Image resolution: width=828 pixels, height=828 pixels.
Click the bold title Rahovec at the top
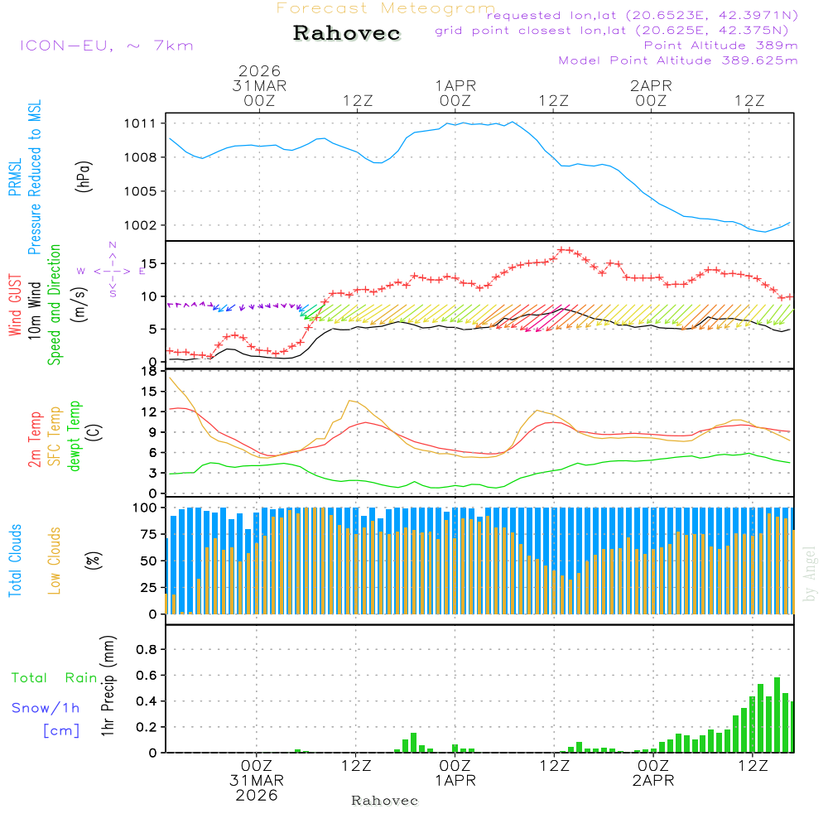347,34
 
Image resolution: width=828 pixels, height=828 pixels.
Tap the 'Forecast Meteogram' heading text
386,8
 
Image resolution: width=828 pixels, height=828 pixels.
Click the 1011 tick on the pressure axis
141,123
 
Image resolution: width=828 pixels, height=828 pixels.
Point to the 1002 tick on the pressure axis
141,225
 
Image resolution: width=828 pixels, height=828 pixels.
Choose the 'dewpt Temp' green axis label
75,436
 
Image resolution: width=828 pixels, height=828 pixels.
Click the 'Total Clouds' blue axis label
15,561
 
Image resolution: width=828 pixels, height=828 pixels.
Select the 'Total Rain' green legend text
55,677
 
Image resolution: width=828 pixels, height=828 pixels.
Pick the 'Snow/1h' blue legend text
46,708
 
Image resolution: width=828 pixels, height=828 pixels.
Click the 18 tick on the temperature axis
149,371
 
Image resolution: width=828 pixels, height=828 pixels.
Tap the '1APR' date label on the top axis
455,85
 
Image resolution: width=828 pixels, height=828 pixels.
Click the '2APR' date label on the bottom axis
653,780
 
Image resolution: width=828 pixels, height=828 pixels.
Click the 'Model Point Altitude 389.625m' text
678,60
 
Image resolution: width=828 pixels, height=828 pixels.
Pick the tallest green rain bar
777,715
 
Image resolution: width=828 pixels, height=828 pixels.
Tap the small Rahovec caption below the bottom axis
385,801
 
